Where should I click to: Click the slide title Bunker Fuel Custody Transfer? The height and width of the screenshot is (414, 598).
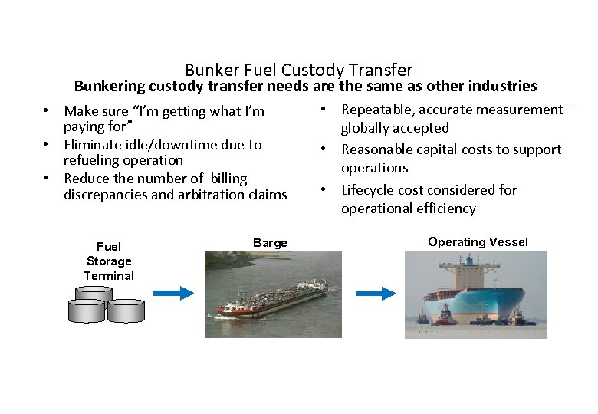298,71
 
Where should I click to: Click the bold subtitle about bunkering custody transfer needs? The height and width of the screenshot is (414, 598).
305,86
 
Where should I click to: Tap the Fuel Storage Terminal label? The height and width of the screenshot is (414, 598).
109,261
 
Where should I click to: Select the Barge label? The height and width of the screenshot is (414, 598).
270,243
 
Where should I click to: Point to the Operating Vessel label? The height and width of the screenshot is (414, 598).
478,242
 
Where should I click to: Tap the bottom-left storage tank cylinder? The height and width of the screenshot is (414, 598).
85,310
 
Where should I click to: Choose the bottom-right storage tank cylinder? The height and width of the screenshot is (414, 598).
125,310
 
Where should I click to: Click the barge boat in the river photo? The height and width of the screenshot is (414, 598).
271,300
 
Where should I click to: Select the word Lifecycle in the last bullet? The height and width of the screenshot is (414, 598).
370,190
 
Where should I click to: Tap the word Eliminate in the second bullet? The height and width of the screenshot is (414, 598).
93,144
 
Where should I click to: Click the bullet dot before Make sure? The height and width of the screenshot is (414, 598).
47,111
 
